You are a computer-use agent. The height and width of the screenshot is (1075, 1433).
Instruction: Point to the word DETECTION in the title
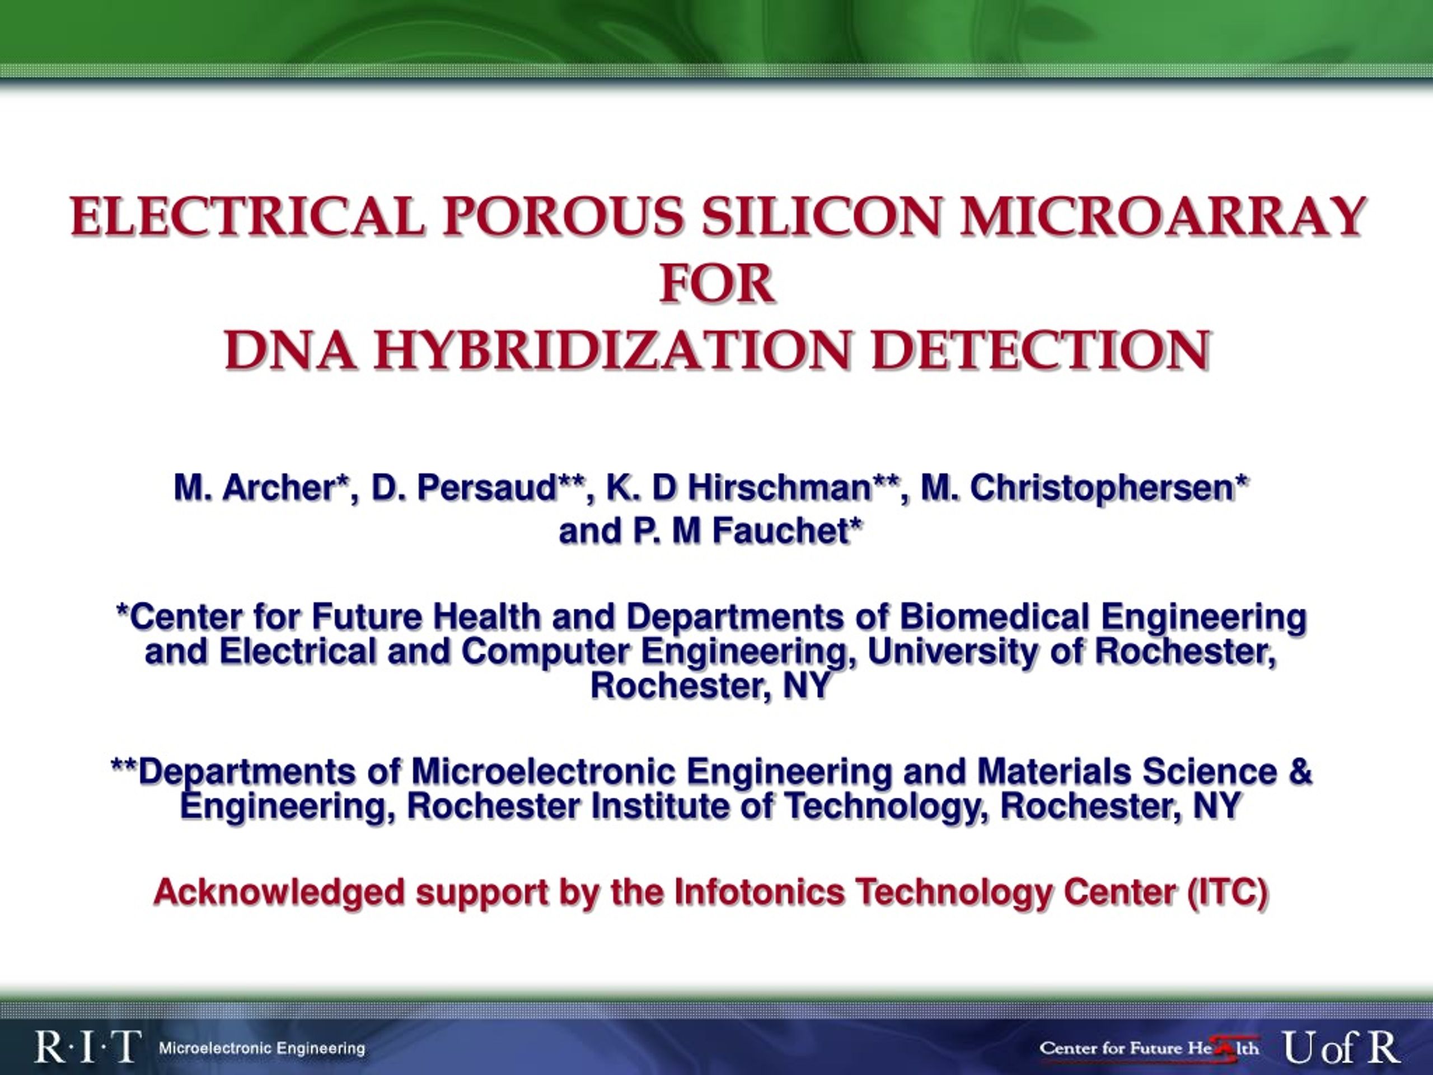coord(1041,350)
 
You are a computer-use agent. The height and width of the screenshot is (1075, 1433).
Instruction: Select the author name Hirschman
coord(778,487)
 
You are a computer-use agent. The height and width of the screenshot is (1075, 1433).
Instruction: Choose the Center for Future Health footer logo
coord(1149,1048)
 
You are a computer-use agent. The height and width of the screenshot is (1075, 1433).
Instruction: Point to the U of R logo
coord(1342,1048)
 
